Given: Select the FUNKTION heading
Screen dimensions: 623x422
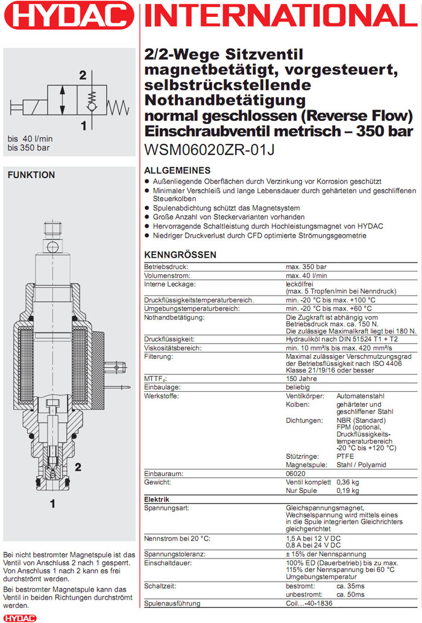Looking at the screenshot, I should point(31,175).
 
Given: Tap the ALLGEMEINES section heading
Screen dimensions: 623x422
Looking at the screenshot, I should point(178,170).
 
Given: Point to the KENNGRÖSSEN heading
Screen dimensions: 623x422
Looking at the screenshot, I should point(180,255).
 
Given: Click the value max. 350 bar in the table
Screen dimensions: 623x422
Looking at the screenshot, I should point(306,267).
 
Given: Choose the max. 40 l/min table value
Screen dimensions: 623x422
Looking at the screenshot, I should point(307,276).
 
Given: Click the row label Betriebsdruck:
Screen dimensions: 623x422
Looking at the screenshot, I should point(167,267).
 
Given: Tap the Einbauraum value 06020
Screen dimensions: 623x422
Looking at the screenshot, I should point(295,474).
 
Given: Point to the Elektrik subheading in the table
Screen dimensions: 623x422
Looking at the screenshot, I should point(157,500).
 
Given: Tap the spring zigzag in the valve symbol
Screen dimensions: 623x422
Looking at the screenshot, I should point(119,108).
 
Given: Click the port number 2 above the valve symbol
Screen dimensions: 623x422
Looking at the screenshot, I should point(83,75).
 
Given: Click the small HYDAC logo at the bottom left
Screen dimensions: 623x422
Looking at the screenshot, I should point(19,618).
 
